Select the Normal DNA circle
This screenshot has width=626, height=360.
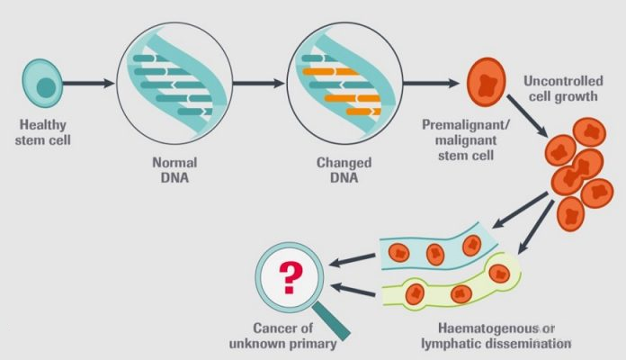174,82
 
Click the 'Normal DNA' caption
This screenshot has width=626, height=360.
174,170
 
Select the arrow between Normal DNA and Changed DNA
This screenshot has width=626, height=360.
258,85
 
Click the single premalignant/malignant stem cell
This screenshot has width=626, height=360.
487,85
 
